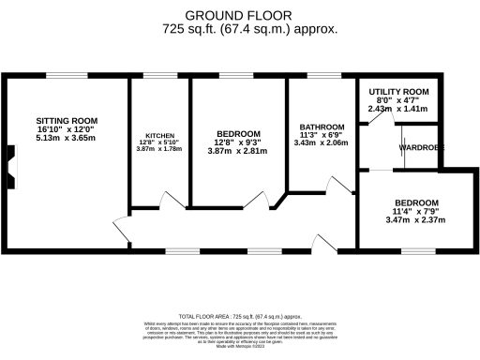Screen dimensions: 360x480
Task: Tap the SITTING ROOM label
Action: click(67, 121)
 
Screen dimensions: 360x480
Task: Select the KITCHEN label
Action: click(158, 135)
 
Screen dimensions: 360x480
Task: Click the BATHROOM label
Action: click(322, 127)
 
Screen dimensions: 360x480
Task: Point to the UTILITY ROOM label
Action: click(397, 91)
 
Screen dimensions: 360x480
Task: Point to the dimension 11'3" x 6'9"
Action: click(322, 135)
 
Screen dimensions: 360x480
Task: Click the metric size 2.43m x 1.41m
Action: click(397, 109)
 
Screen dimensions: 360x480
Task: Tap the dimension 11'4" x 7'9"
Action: click(416, 212)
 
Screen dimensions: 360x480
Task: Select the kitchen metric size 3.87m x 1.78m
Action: click(158, 149)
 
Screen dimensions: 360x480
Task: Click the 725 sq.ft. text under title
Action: click(248, 29)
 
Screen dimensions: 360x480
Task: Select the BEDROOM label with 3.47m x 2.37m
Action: click(416, 202)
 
